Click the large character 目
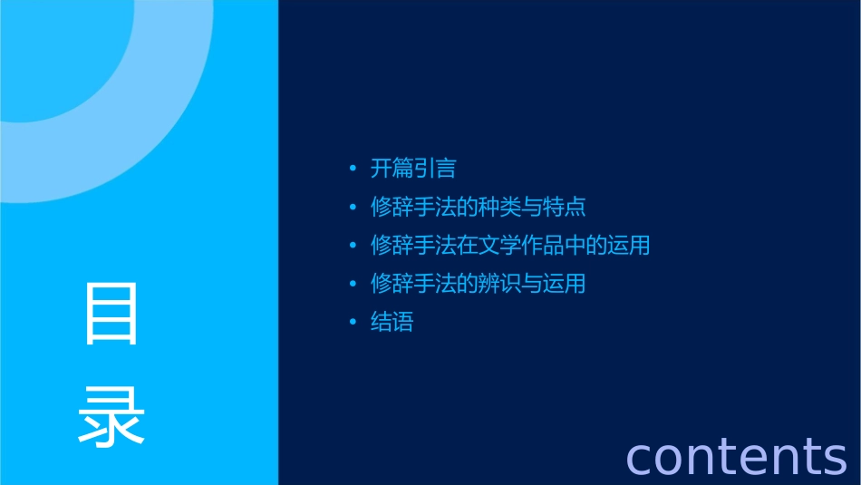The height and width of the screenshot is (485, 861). [x=111, y=314]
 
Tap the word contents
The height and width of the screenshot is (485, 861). [x=736, y=456]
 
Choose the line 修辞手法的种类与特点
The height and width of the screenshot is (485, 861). [x=479, y=207]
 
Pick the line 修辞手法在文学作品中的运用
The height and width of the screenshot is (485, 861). [x=510, y=245]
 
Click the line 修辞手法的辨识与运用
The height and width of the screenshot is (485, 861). [x=479, y=284]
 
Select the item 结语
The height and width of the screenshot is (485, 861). [x=392, y=322]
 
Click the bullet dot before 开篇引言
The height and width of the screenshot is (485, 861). [x=353, y=169]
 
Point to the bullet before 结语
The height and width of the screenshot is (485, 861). [x=353, y=323]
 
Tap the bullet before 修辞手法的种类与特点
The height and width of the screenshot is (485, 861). [x=353, y=208]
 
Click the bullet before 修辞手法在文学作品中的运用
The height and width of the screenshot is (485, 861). [x=353, y=246]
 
